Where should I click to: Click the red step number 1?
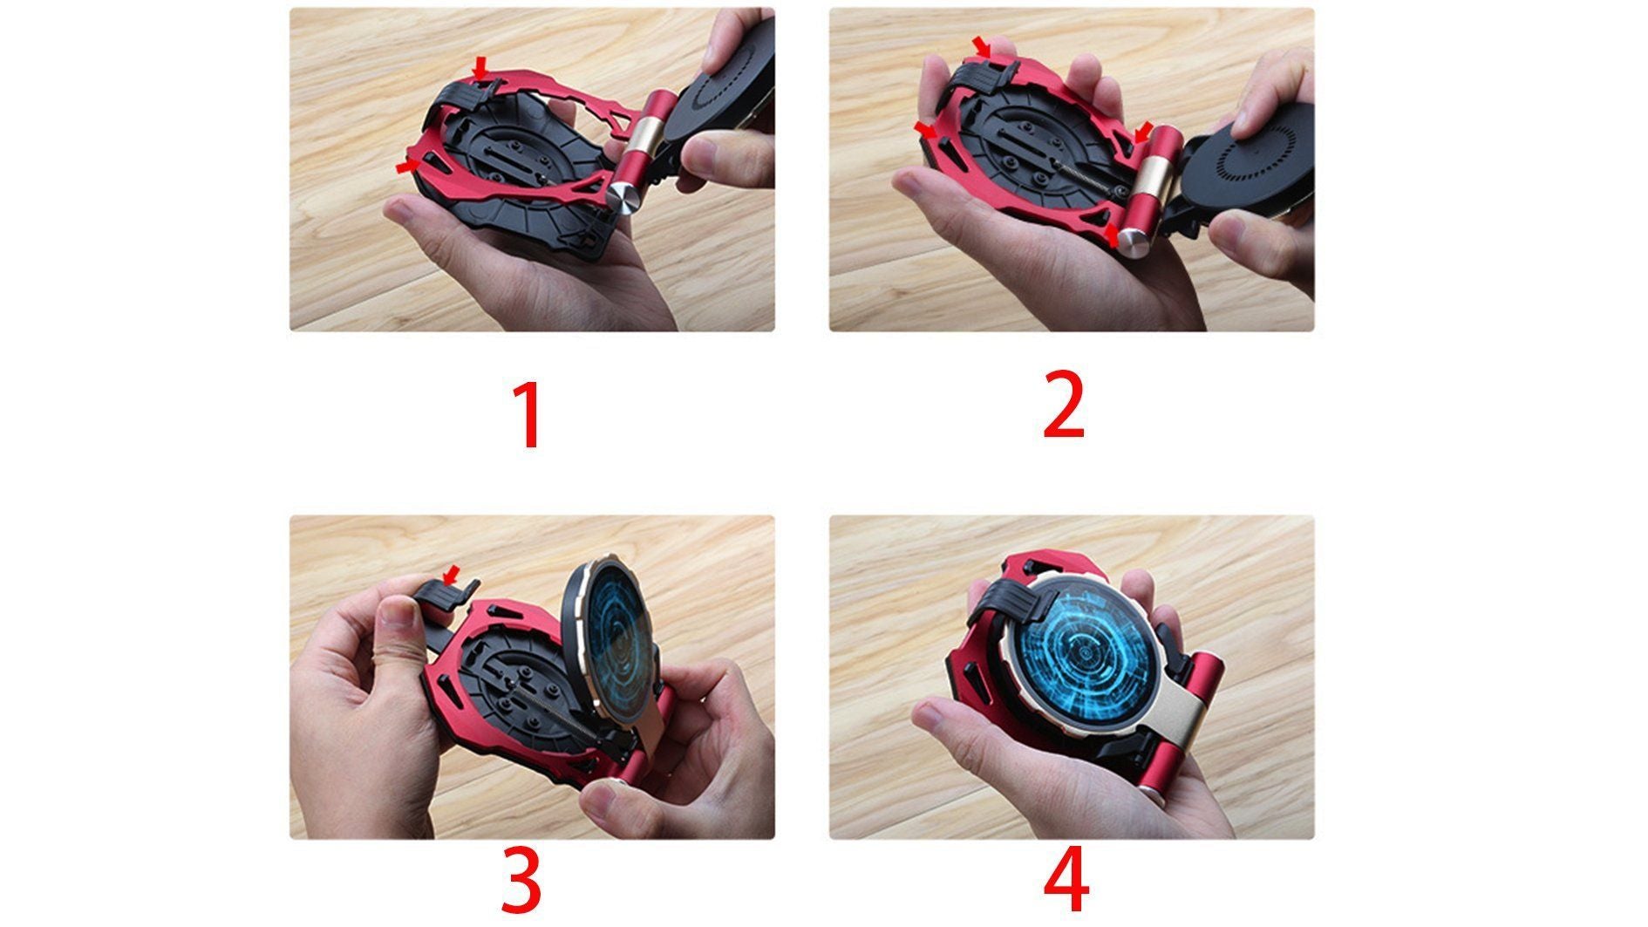[x=528, y=414]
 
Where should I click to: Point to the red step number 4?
[x=1066, y=880]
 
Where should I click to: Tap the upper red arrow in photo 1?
[x=480, y=67]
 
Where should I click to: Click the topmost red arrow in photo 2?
[x=983, y=45]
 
